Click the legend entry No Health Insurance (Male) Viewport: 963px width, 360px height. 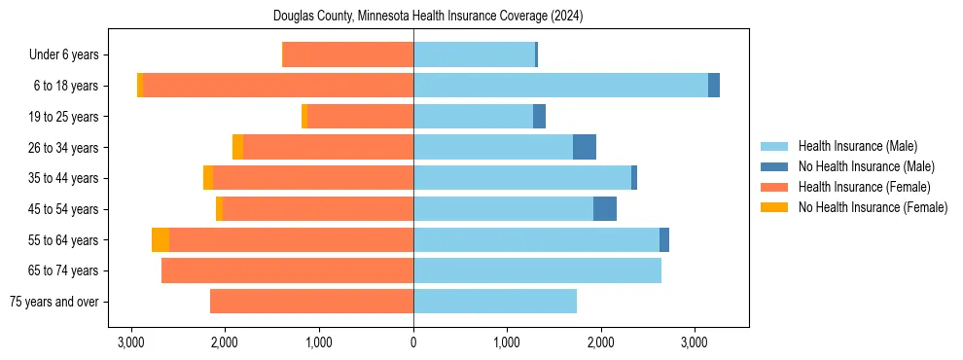pos(866,166)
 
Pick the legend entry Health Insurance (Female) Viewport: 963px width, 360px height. pos(864,187)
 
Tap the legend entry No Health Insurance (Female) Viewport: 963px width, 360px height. pos(873,207)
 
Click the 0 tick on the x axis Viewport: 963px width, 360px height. pos(413,342)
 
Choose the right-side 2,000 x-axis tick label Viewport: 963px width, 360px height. pos(600,342)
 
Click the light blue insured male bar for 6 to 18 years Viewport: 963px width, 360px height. pos(560,86)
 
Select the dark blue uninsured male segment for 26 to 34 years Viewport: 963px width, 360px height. pos(585,148)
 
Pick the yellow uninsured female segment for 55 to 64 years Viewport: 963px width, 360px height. pos(160,240)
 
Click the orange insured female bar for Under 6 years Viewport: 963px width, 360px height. pos(347,55)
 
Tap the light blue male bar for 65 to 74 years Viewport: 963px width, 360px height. pos(537,270)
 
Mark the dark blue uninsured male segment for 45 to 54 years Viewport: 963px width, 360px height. pos(605,209)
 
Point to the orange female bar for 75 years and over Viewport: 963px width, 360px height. pos(311,302)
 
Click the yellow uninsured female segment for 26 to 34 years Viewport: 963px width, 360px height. pos(237,148)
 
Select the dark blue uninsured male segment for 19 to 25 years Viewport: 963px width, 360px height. pos(539,117)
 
